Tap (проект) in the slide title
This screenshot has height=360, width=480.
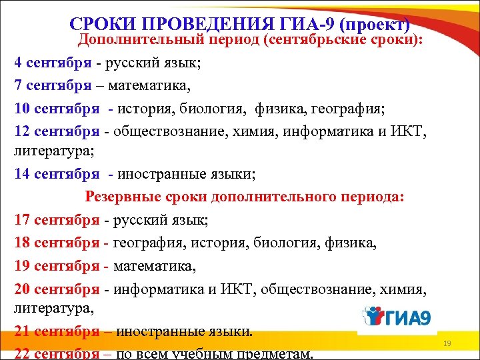pyautogui.click(x=374, y=25)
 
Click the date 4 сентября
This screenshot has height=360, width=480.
pyautogui.click(x=53, y=63)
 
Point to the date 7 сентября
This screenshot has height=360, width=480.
pyautogui.click(x=53, y=85)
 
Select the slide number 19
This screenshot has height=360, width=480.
pyautogui.click(x=447, y=343)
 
